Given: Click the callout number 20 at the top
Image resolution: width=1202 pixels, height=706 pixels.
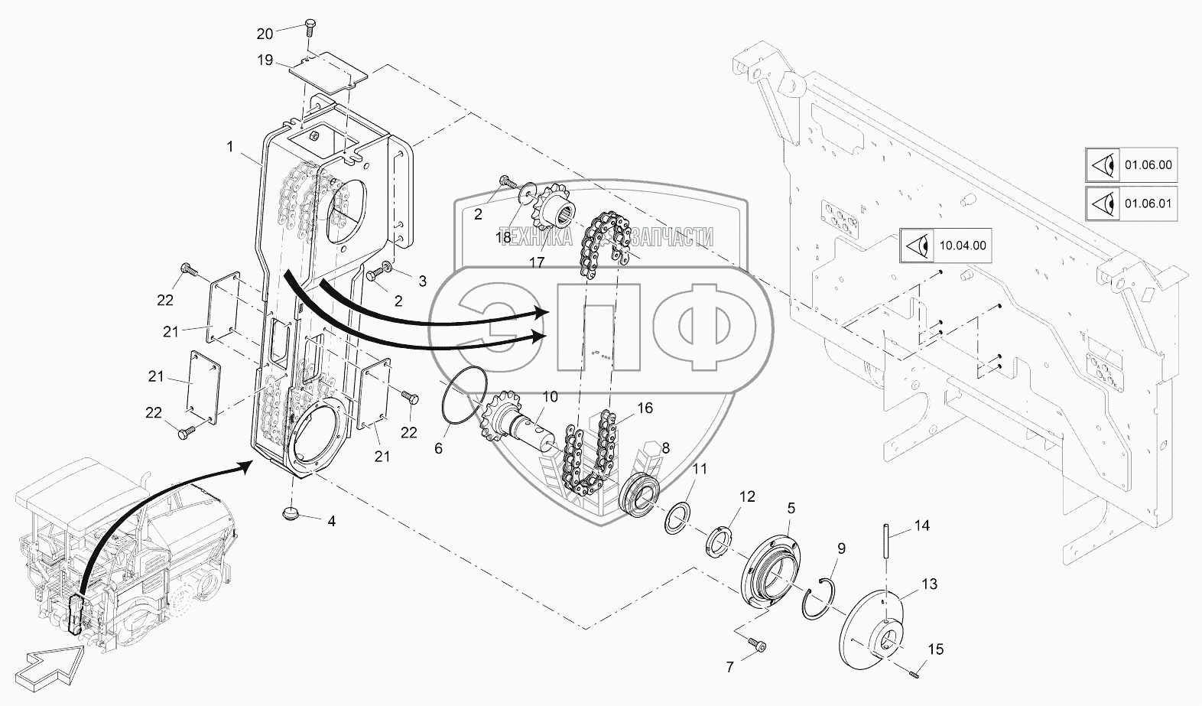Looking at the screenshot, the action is click(265, 34).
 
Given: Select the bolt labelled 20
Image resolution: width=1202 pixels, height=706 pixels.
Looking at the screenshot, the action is click(310, 27).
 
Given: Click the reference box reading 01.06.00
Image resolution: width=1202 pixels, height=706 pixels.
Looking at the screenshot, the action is click(1131, 164).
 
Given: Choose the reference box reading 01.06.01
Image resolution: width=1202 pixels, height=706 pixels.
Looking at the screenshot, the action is click(1131, 203).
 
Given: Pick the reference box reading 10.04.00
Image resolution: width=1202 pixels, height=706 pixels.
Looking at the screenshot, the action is click(946, 246).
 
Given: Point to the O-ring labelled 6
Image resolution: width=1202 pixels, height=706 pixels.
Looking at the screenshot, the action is click(464, 397).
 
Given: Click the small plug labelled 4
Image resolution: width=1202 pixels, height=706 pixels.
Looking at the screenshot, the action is click(291, 513).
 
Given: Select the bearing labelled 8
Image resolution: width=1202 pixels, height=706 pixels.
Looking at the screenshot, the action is click(638, 496).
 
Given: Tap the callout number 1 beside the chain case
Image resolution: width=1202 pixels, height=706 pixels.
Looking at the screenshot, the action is click(230, 146).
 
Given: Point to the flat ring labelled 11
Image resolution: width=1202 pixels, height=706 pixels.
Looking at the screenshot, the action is click(677, 518).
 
